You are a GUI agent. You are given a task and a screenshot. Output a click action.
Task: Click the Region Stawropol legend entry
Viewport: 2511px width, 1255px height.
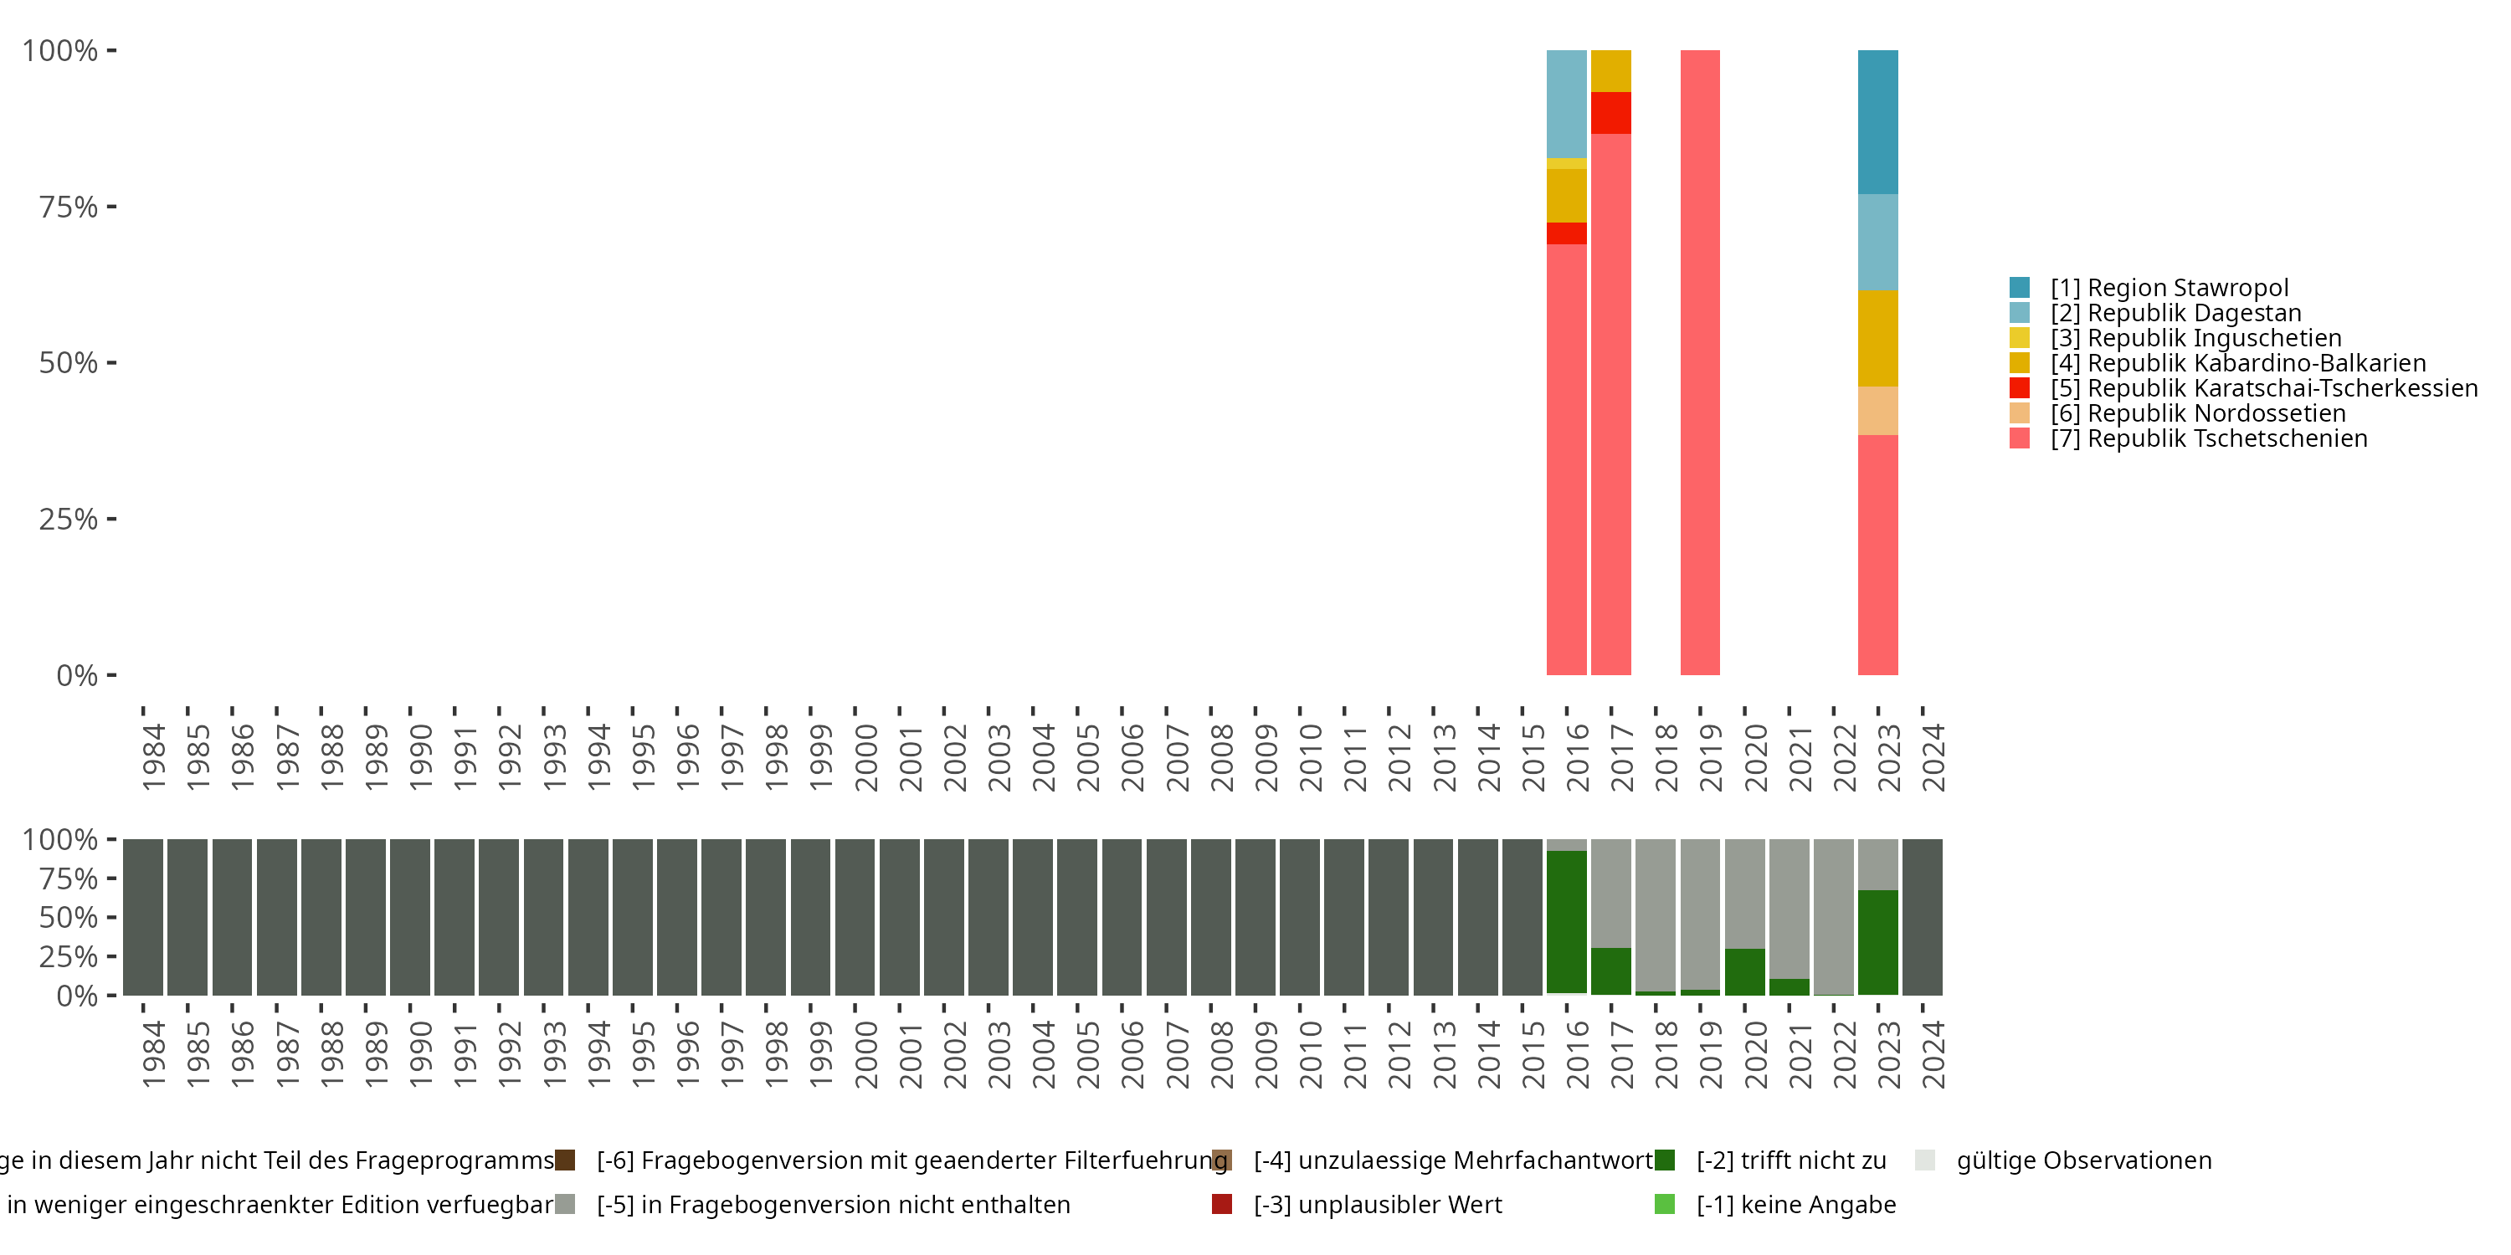(2169, 288)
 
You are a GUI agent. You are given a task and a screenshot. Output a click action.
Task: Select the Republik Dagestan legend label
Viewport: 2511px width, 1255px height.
(2175, 313)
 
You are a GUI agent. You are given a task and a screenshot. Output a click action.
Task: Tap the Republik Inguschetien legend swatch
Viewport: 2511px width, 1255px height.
(2020, 338)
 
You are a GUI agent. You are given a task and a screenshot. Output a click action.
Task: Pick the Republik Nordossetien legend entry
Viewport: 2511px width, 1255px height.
(2197, 413)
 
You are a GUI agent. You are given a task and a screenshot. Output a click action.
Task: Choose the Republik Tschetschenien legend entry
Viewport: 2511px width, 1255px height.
(2208, 438)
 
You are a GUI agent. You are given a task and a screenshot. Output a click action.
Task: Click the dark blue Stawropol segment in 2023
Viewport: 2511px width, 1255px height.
(1877, 122)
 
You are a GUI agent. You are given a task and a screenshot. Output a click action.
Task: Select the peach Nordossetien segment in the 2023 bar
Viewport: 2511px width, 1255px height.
(1877, 411)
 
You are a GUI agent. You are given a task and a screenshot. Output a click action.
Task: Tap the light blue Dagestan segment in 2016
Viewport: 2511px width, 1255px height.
(1567, 103)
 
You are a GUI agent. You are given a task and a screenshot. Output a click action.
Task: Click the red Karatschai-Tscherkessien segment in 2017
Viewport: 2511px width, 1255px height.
(1610, 113)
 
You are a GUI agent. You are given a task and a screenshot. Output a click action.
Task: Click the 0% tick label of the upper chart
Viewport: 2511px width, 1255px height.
(77, 675)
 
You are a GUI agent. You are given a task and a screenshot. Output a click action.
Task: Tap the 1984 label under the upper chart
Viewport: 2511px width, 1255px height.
(153, 757)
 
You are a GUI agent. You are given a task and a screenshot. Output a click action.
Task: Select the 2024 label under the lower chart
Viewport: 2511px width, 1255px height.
(1933, 1054)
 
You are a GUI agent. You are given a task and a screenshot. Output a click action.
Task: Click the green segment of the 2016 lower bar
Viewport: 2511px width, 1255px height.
(1567, 922)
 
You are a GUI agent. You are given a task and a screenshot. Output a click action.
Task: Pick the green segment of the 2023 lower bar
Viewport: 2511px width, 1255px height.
(1877, 941)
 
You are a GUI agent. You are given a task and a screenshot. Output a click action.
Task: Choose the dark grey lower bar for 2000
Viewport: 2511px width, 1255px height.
(855, 917)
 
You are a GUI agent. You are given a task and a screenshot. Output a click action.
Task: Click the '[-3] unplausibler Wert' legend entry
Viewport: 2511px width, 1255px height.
(1376, 1204)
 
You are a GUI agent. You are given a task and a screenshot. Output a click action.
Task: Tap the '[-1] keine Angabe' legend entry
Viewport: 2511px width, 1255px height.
(1795, 1204)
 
